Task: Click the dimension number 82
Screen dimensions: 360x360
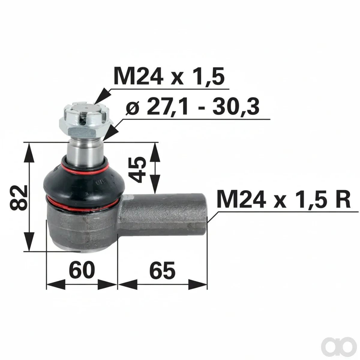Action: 19,198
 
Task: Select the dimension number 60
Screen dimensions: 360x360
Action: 82,270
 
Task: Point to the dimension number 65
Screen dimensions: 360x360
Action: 162,270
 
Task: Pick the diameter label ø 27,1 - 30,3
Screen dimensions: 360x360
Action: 192,107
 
